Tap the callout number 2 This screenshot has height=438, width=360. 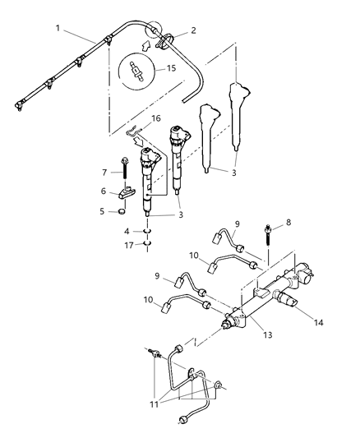193,30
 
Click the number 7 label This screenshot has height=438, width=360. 105,173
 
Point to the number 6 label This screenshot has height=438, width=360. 104,191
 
